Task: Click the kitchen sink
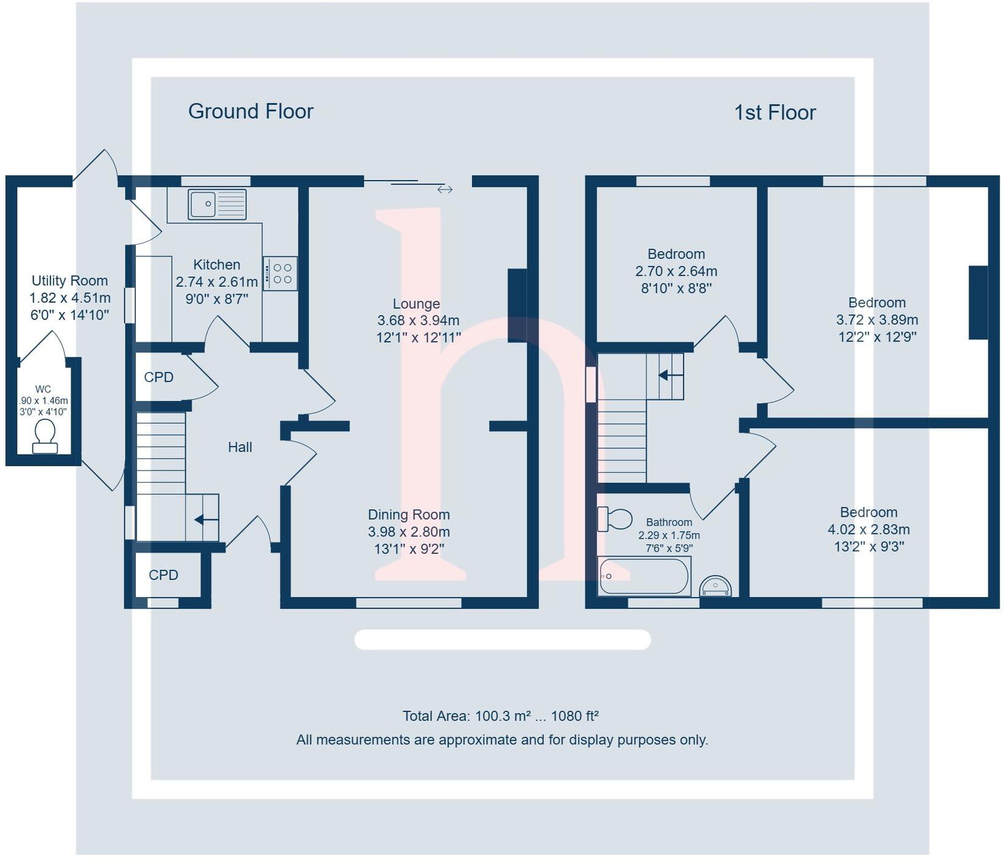tap(217, 204)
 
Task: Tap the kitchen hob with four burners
tap(280, 273)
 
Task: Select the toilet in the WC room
tap(45, 436)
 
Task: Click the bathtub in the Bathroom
tap(644, 576)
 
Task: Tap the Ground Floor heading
tap(250, 111)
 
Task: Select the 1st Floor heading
tap(774, 113)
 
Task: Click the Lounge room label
tap(416, 304)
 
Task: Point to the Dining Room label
tap(409, 515)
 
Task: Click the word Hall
tap(240, 447)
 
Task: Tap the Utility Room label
tap(69, 281)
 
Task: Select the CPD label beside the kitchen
tap(159, 377)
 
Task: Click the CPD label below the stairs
tap(163, 575)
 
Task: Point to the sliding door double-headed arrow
tap(445, 189)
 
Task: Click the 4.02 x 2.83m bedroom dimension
tap(869, 529)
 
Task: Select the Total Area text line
tap(501, 716)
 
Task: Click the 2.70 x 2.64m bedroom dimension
tap(676, 271)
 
